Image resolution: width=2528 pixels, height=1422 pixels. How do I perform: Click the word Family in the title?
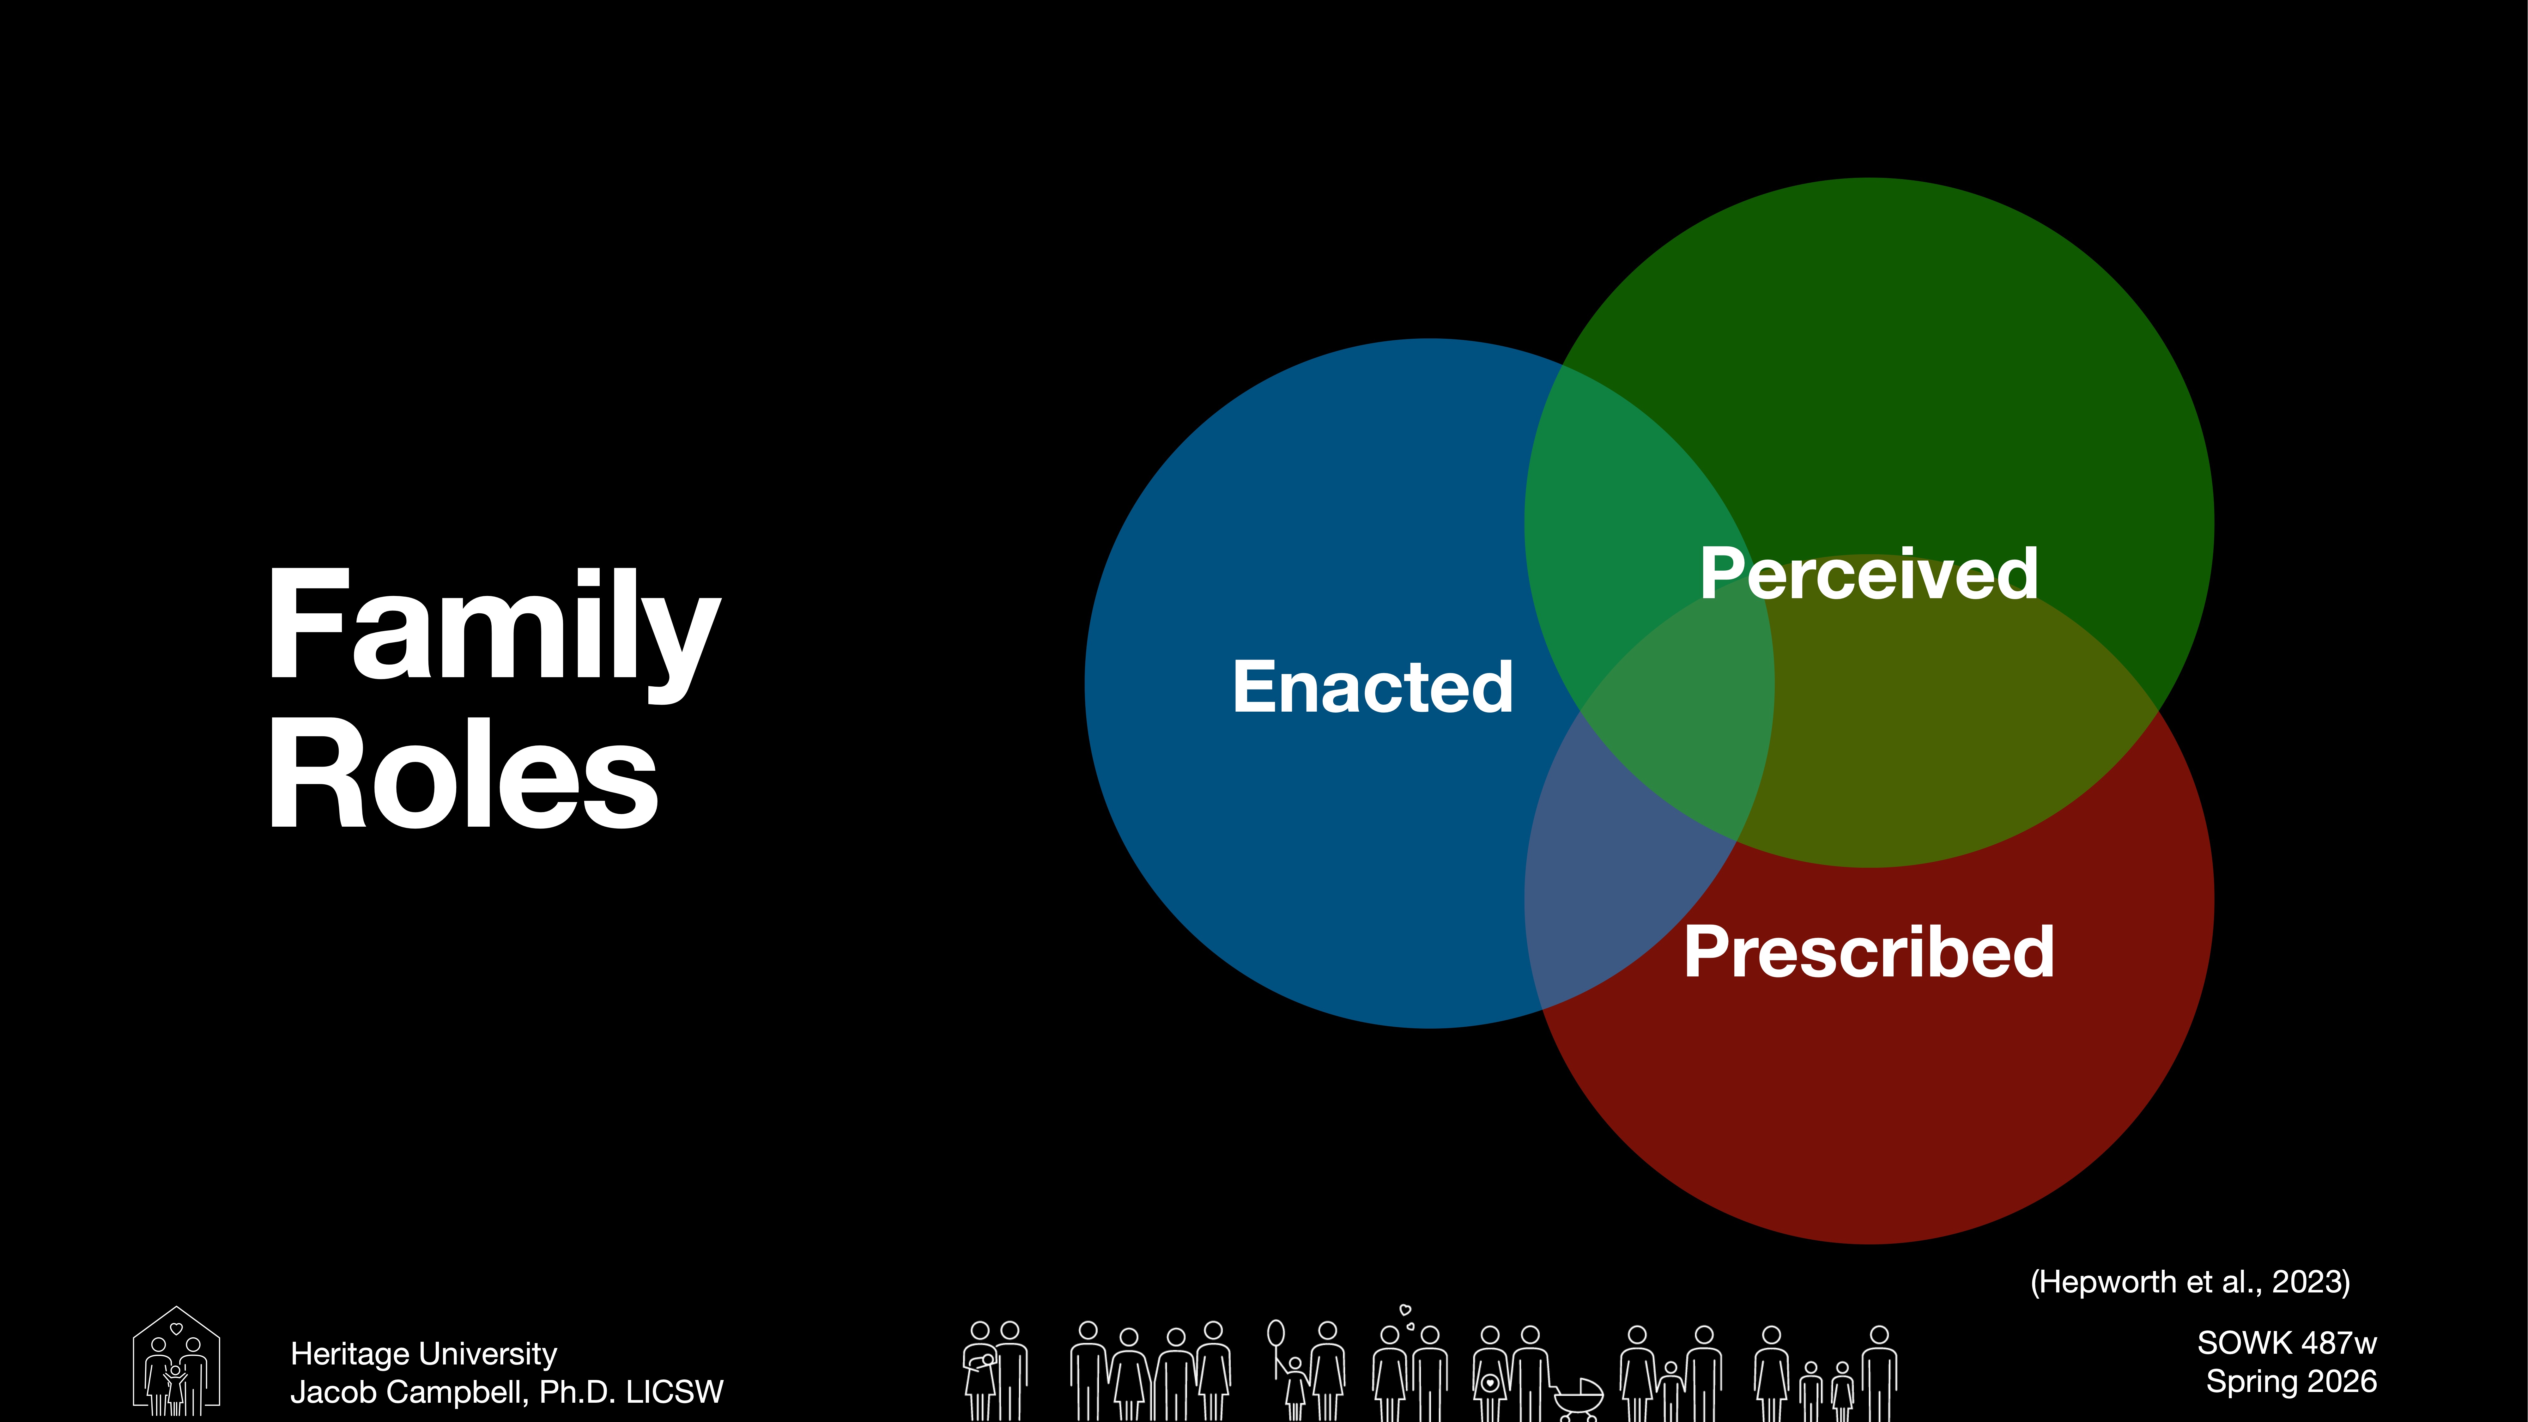[x=494, y=628]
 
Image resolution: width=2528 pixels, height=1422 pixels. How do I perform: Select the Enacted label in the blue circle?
[x=1372, y=687]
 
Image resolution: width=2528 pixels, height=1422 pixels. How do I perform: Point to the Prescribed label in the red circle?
[x=1869, y=952]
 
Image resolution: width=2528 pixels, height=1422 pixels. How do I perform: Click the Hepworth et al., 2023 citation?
[x=2189, y=1282]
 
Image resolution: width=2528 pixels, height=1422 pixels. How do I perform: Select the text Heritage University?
[x=423, y=1354]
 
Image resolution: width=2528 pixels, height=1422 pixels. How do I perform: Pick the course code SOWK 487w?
[x=2287, y=1342]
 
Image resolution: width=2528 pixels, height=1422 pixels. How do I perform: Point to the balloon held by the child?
[x=1276, y=1333]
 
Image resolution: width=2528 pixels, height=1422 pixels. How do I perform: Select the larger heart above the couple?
[x=1404, y=1310]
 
